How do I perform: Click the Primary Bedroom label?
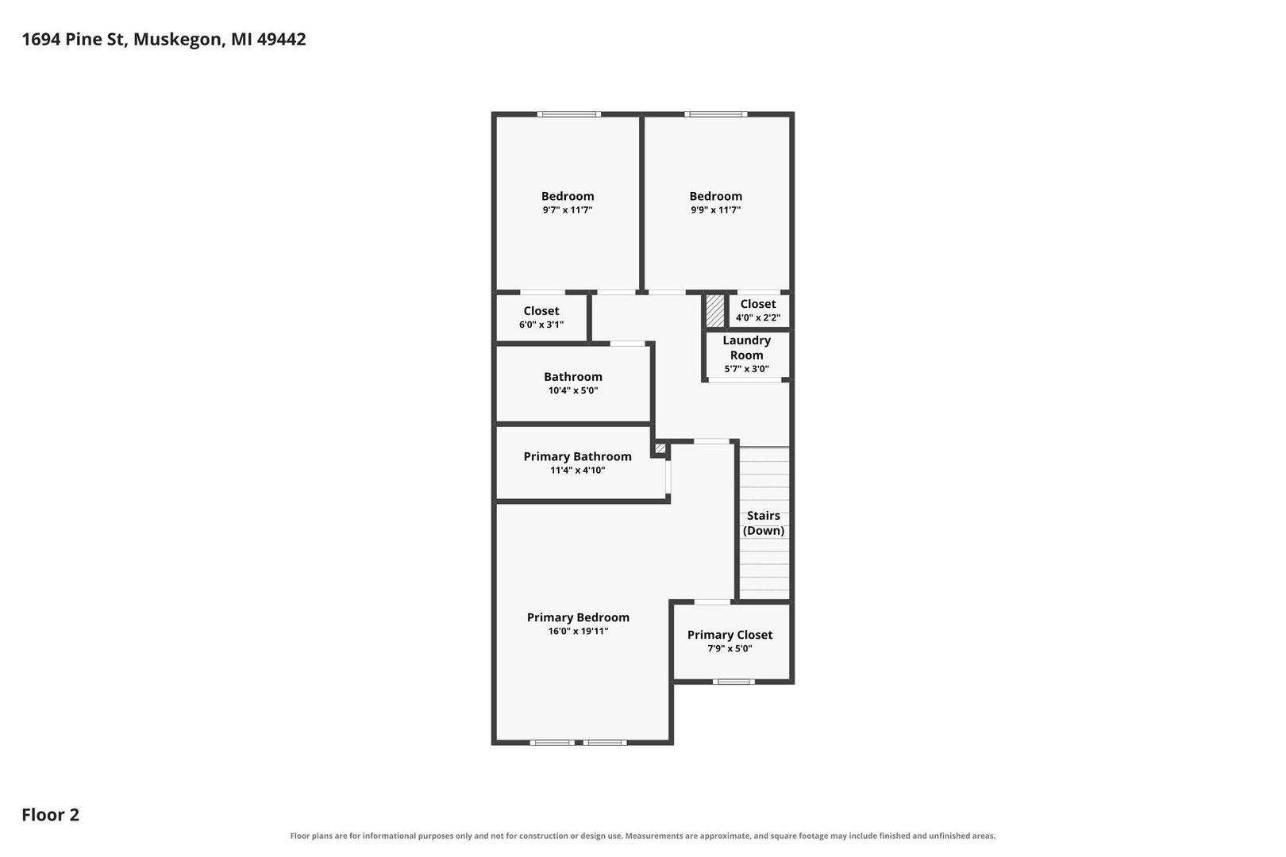[x=578, y=617]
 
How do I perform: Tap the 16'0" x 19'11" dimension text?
[x=578, y=631]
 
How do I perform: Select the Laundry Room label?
[x=746, y=348]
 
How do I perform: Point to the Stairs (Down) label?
[x=763, y=523]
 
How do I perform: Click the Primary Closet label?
[x=730, y=634]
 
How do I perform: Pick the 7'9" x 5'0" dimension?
[x=730, y=648]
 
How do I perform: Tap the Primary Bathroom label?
[x=578, y=456]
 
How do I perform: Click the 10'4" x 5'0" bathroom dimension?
[x=573, y=390]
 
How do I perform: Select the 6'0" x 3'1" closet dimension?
[x=541, y=325]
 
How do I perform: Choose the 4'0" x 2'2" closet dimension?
[x=758, y=317]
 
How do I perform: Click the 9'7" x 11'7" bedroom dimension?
[x=568, y=209]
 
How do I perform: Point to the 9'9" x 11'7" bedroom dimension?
[x=715, y=209]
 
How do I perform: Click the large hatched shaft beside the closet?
[x=714, y=311]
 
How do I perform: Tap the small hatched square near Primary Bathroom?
[x=660, y=448]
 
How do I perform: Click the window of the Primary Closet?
[x=733, y=682]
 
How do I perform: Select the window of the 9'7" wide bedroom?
[x=569, y=114]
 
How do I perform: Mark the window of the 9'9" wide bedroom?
[x=716, y=114]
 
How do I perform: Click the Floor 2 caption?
[x=51, y=814]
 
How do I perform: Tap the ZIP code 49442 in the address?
[x=281, y=39]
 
